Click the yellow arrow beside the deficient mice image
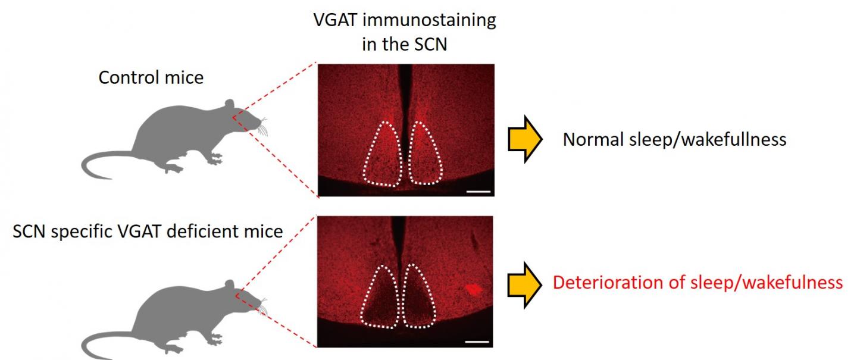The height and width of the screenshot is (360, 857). (524, 283)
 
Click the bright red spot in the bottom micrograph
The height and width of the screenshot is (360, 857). (474, 289)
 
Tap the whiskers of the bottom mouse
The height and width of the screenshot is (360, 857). (262, 306)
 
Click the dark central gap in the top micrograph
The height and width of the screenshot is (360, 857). (405, 89)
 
